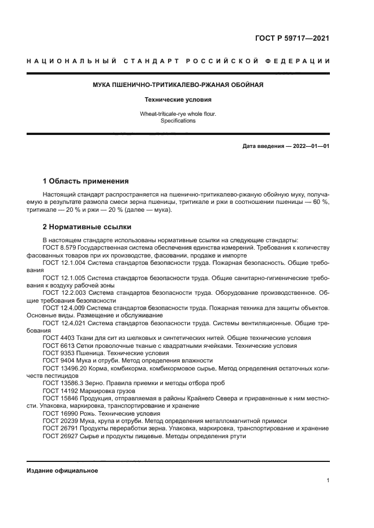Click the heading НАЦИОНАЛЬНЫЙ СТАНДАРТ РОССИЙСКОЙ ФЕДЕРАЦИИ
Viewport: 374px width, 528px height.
[x=178, y=61]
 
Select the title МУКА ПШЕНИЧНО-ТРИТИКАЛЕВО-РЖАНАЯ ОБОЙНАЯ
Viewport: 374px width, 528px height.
[x=178, y=85]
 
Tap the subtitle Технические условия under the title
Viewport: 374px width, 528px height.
[x=178, y=99]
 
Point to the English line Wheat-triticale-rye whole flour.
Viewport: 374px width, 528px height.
[x=178, y=114]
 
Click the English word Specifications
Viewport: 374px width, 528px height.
[x=178, y=121]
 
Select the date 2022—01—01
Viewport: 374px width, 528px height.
[x=311, y=146]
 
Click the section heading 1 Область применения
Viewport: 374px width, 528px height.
[x=86, y=181]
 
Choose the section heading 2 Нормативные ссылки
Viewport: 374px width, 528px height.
[x=87, y=227]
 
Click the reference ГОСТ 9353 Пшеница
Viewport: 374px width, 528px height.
[x=72, y=353]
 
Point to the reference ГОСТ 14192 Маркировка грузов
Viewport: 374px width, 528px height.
[x=85, y=390]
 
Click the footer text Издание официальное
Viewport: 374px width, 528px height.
[x=62, y=470]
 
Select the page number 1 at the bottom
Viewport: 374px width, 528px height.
[x=328, y=481]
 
